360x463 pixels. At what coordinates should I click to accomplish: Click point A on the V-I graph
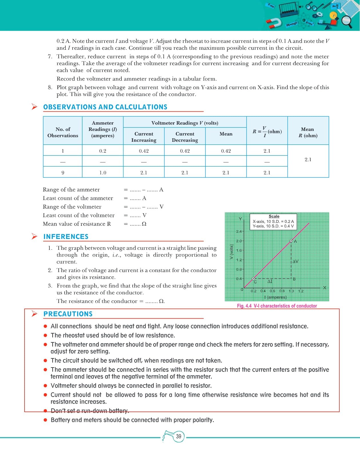291,241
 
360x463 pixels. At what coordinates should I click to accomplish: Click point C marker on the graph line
253,279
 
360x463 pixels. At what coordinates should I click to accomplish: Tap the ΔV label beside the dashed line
295,261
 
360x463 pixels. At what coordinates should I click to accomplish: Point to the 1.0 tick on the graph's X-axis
291,291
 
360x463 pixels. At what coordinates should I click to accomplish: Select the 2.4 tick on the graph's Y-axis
239,231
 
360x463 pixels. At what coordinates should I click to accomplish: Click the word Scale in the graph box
274,216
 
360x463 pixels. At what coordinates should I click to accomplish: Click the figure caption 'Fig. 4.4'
244,306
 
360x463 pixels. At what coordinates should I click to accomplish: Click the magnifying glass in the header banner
347,21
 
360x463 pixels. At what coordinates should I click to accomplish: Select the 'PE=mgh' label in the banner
292,24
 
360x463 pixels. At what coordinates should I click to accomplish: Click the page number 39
179,436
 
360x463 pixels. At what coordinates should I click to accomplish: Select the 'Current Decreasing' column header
185,137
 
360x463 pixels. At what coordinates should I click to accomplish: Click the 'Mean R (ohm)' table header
308,132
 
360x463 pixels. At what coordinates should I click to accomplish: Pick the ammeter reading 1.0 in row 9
103,173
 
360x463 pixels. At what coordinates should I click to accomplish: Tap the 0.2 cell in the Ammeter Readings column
103,151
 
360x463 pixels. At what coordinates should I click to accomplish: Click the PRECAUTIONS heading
68,314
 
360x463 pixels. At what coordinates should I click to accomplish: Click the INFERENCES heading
66,237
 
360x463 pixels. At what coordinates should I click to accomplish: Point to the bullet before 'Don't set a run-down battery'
45,411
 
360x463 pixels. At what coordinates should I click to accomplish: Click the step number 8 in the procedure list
50,87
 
